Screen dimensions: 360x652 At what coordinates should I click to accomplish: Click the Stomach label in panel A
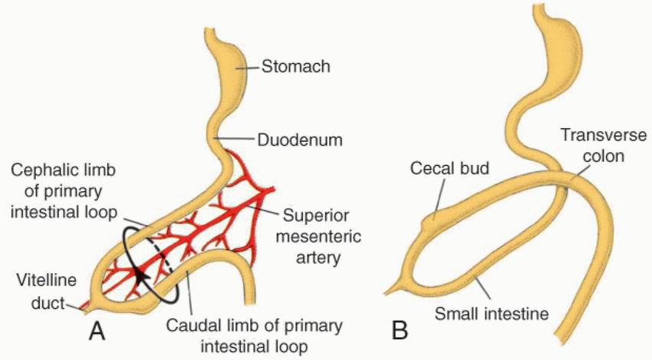296,67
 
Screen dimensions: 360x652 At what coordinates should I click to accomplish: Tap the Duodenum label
299,140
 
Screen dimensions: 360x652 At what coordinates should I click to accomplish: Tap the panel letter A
97,331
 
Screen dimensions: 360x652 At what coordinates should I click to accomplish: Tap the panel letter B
399,331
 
